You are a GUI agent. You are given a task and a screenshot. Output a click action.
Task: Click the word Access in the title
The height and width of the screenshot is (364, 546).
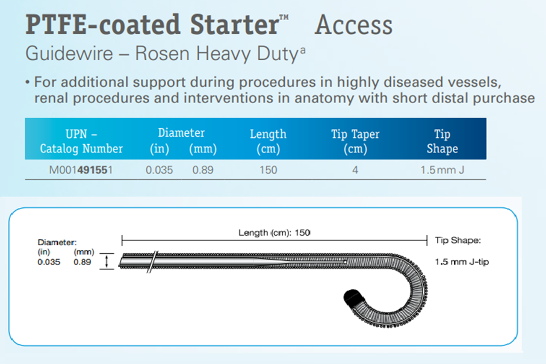(x=353, y=25)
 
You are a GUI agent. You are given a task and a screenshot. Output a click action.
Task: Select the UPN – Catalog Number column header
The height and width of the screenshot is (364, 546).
(x=81, y=141)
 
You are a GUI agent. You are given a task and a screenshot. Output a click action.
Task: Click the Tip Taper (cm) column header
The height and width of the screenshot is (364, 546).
(x=355, y=141)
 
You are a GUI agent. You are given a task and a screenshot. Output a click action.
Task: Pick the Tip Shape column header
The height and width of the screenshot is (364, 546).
(x=442, y=141)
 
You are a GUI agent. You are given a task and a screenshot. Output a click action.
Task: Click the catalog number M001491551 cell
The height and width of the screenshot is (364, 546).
(x=81, y=170)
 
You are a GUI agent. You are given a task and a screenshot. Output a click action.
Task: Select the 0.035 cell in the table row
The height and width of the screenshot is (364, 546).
(x=159, y=170)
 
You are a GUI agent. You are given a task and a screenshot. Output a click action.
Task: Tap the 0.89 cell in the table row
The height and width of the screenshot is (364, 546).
(x=203, y=170)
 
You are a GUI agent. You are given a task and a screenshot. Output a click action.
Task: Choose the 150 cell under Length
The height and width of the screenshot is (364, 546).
(x=268, y=170)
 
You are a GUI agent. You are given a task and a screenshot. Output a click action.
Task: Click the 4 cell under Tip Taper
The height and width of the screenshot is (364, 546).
(x=355, y=170)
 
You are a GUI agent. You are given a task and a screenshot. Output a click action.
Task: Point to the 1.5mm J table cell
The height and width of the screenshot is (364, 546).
(x=442, y=170)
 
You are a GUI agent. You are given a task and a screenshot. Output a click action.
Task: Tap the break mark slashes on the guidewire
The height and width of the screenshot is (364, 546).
(x=153, y=262)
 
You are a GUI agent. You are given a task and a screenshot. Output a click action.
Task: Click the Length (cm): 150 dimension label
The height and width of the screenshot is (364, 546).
(x=275, y=233)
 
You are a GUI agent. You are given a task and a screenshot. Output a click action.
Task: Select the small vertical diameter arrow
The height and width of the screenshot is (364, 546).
(x=107, y=262)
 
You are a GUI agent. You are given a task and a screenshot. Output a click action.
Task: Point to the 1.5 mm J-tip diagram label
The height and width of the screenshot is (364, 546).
(x=462, y=262)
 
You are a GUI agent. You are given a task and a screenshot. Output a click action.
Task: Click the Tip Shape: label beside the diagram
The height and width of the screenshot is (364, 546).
(x=458, y=240)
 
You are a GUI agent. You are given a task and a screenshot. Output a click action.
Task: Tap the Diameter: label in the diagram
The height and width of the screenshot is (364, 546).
(x=57, y=242)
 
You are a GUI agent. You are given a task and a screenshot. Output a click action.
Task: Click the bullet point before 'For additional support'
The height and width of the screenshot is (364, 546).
(x=28, y=83)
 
